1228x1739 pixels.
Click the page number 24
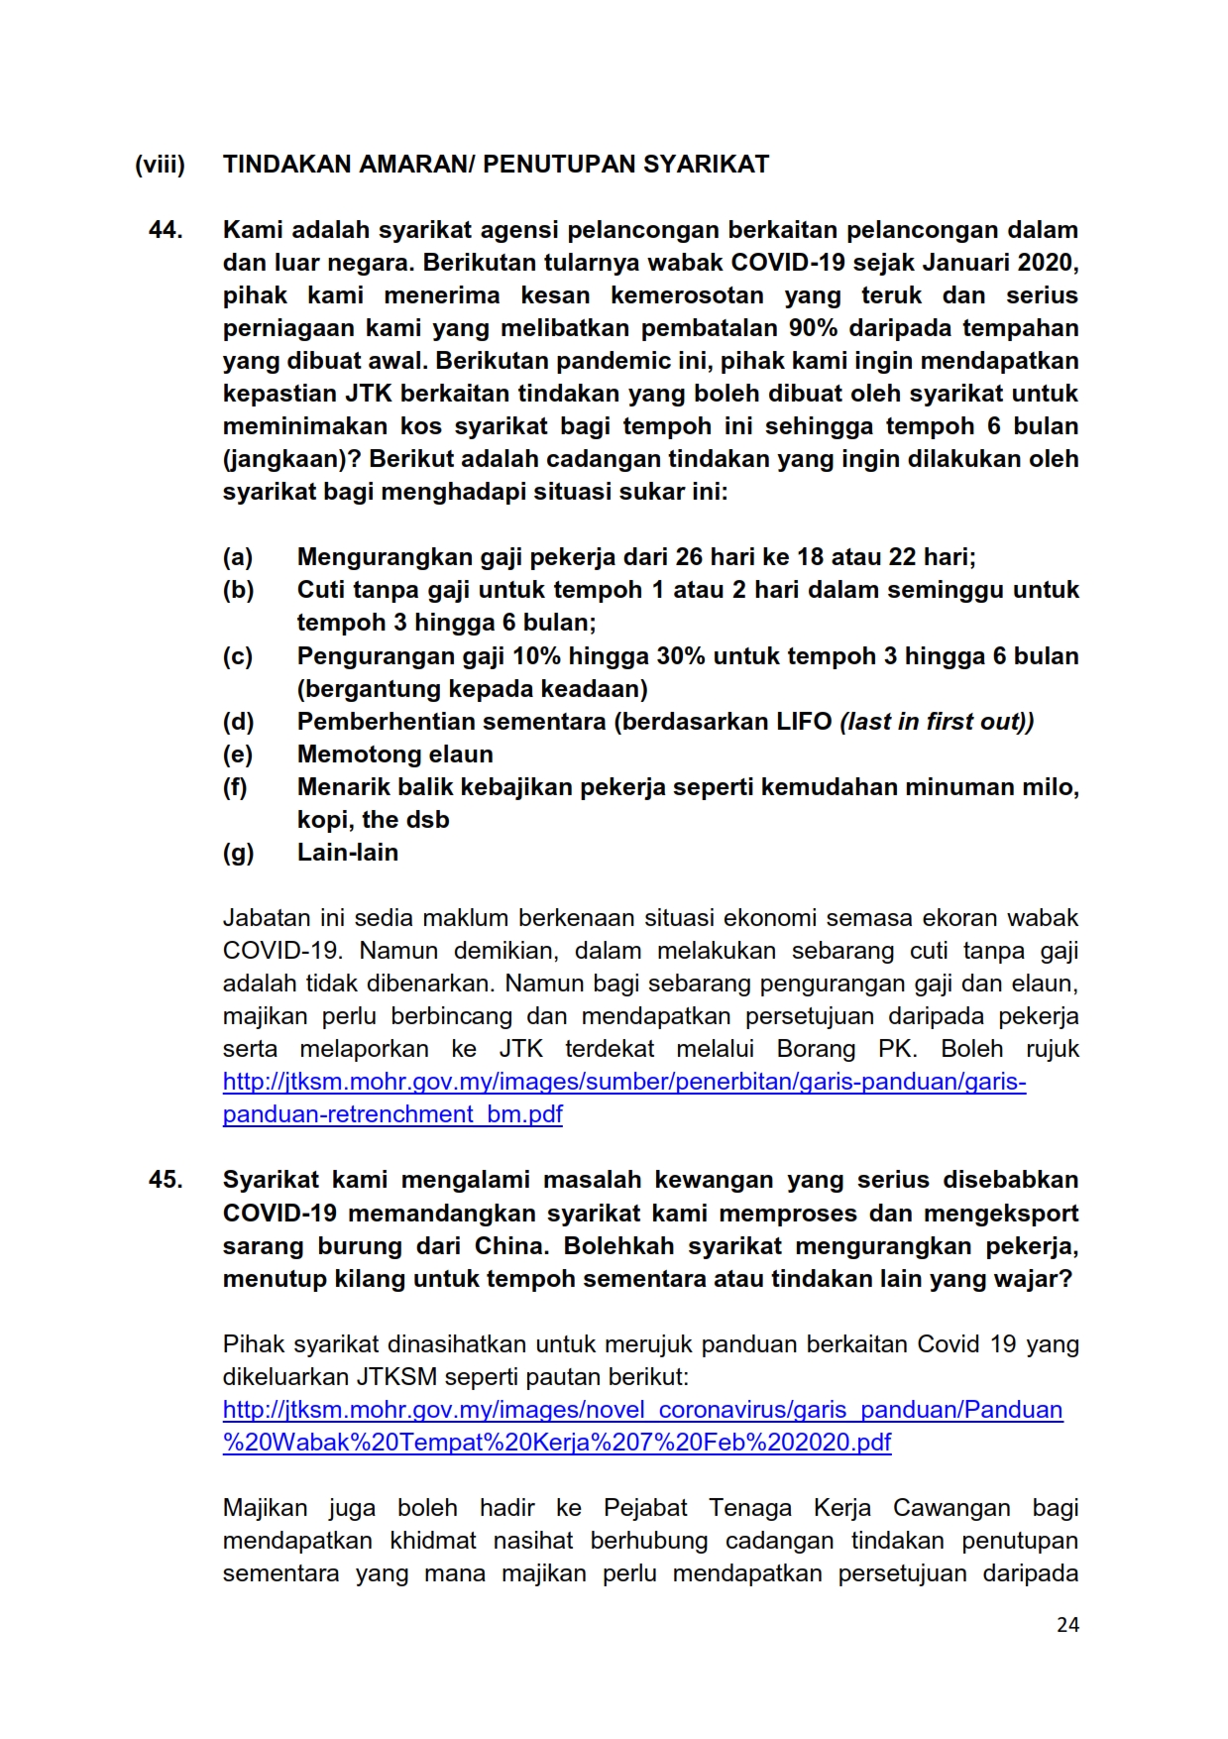pos(1067,1624)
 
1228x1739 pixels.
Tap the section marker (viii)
pos(160,165)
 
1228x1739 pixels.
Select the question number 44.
pos(166,230)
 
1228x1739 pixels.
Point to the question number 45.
pos(166,1180)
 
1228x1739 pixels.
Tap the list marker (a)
pos(238,557)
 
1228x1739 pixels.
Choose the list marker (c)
pos(238,656)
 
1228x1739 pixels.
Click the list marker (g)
pos(238,853)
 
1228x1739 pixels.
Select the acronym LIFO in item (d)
pos(804,722)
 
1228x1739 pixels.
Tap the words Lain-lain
pos(348,853)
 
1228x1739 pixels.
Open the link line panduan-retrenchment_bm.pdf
pos(392,1114)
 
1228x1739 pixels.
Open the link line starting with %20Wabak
pos(557,1443)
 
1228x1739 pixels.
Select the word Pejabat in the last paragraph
pos(645,1508)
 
